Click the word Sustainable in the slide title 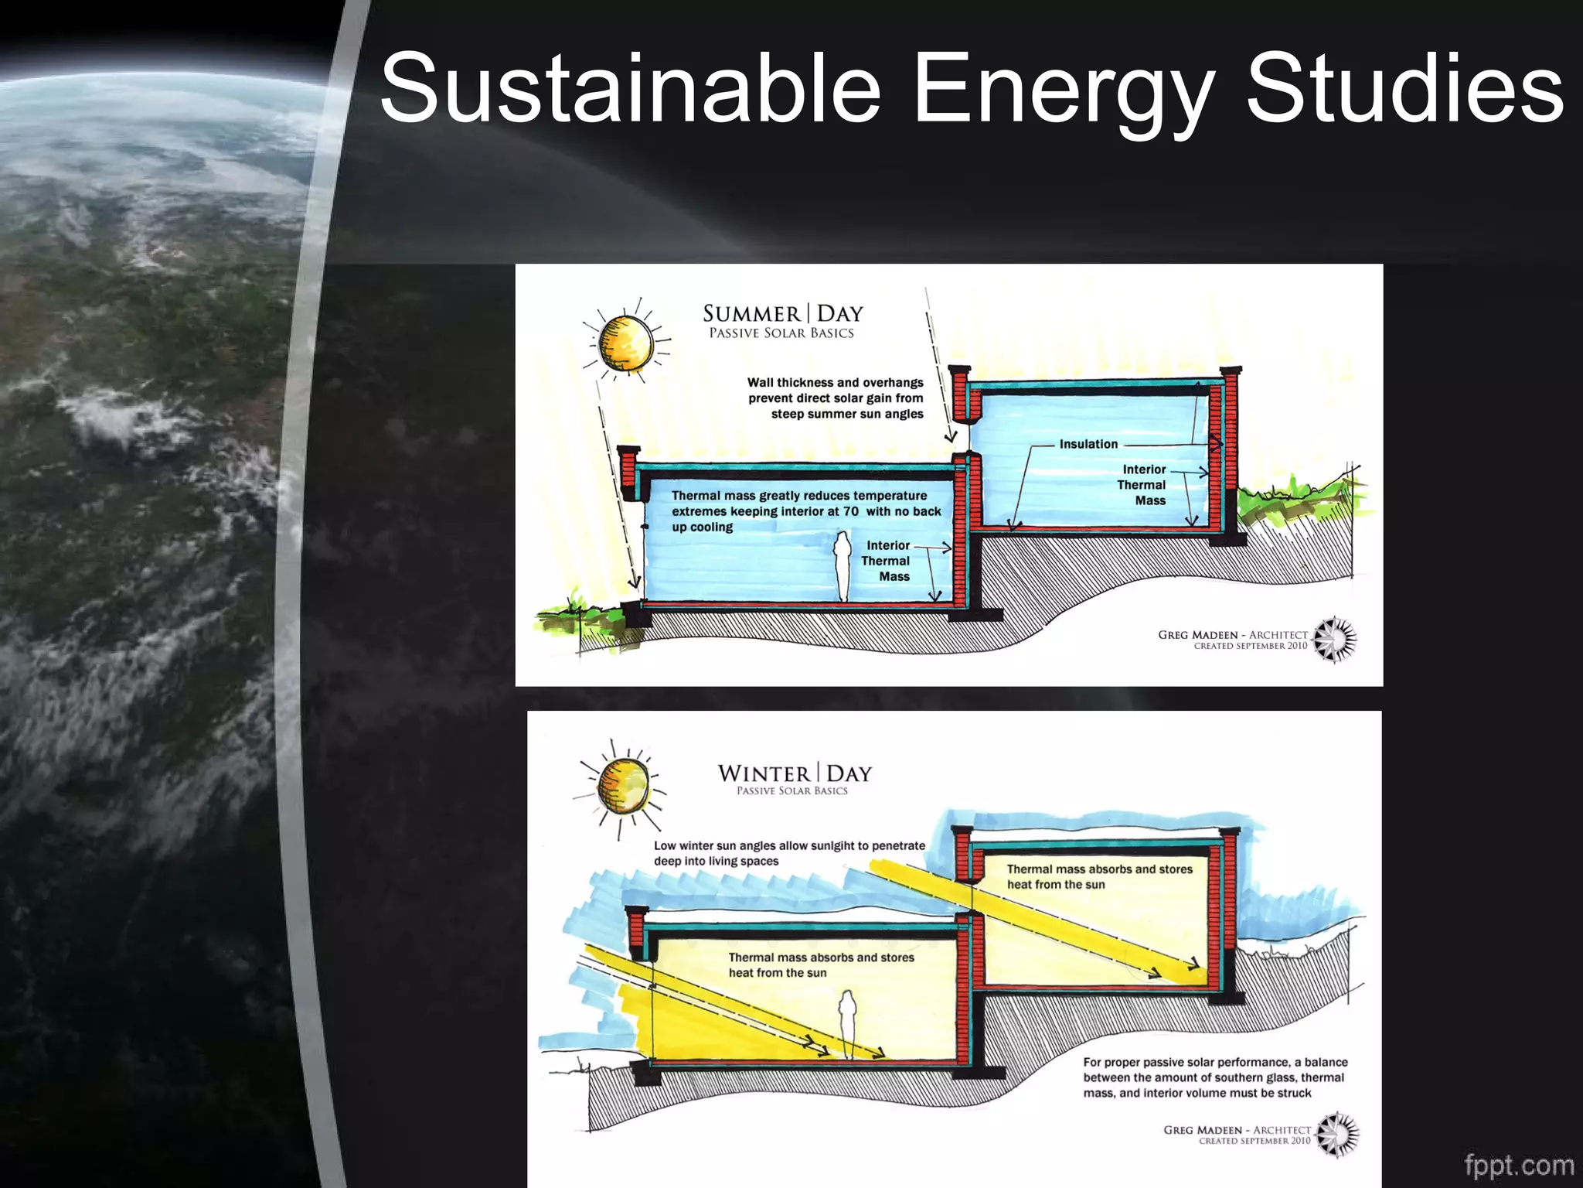630,87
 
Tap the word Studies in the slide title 1405,87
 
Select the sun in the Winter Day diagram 622,786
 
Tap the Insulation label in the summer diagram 1088,444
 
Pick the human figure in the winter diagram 848,1022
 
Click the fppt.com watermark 1519,1165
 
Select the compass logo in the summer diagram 1336,640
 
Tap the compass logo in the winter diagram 1338,1135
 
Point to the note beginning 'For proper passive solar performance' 1215,1077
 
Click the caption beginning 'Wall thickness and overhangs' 836,398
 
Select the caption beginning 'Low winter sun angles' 789,853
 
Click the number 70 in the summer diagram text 850,511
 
